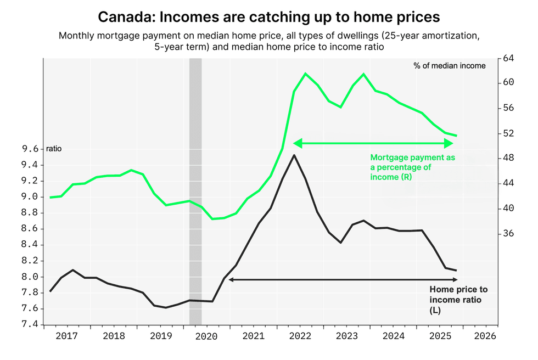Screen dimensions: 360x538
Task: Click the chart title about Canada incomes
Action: tap(268, 17)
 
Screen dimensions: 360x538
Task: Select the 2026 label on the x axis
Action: tap(486, 335)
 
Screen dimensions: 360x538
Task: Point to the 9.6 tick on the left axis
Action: tap(30, 149)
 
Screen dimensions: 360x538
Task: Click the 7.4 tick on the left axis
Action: tap(30, 324)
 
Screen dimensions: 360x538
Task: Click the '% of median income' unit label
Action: tap(449, 66)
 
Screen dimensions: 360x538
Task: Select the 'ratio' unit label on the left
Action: tap(54, 149)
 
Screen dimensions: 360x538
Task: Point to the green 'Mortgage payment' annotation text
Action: tap(412, 167)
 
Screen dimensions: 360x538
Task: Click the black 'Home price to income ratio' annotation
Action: tap(458, 300)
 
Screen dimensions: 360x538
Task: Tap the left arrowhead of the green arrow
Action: tap(297, 143)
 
